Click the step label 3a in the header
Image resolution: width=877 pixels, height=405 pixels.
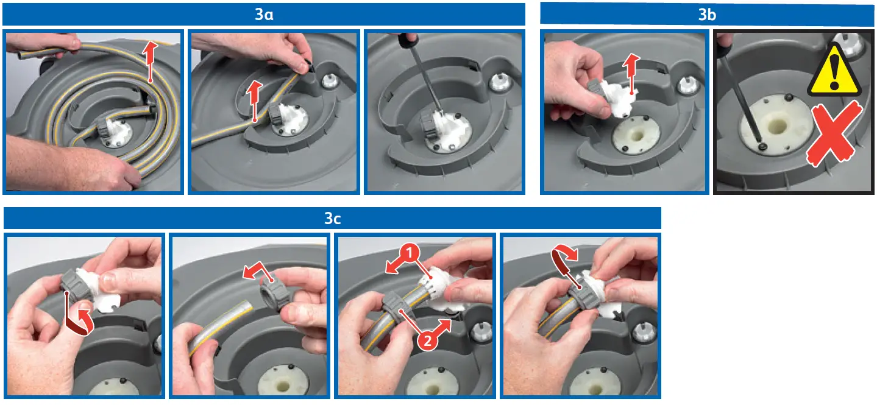tap(264, 15)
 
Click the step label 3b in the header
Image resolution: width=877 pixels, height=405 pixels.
tap(707, 15)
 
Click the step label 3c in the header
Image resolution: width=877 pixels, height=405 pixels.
tap(333, 219)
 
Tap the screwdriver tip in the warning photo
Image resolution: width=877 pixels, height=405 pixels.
tap(761, 147)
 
